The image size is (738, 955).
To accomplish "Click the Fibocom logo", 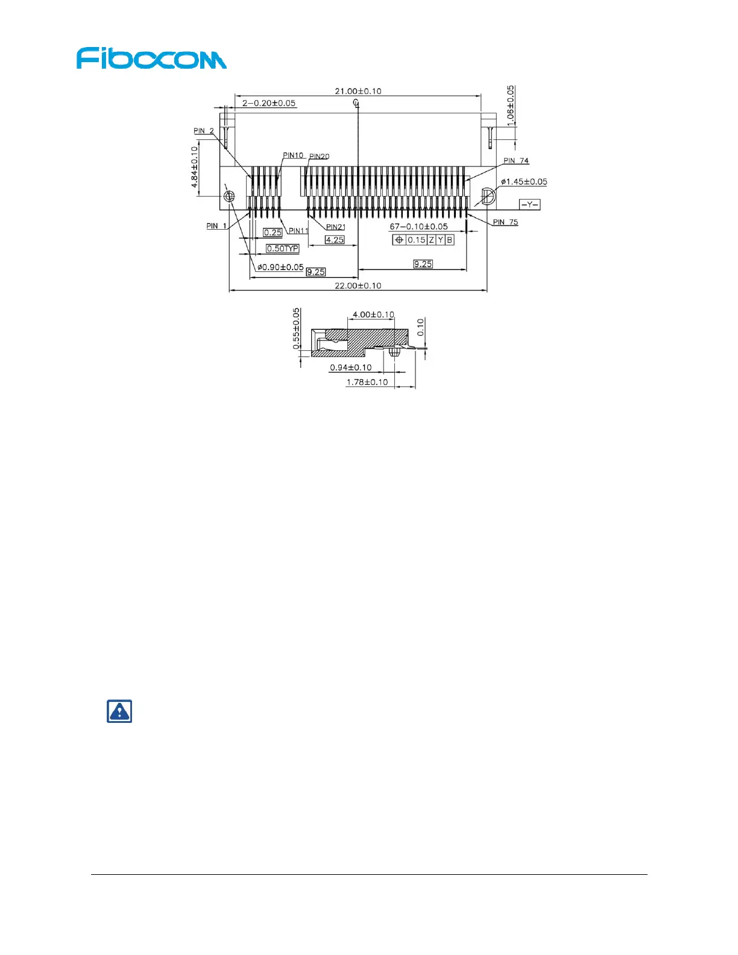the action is tap(151, 58).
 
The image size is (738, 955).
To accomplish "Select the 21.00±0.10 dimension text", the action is tap(358, 91).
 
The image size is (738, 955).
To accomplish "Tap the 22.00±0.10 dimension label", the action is tap(358, 286).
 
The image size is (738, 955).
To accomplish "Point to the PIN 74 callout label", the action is tap(516, 161).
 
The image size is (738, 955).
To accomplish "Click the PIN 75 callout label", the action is tap(505, 222).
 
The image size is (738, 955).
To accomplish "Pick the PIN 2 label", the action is tap(204, 131).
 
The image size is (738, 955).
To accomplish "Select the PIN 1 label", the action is tap(216, 226).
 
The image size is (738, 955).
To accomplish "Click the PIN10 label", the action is tap(293, 156).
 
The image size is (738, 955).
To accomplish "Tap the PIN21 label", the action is tap(336, 227).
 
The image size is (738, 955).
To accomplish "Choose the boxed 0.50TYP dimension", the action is tap(283, 248).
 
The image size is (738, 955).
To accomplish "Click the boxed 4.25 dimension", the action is tap(335, 239).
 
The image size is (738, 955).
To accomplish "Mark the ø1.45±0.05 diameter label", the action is tap(524, 181).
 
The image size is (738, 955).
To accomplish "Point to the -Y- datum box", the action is tap(529, 205).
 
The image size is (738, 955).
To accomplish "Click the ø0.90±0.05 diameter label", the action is tap(280, 267).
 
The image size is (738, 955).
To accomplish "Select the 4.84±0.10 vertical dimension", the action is tap(195, 167).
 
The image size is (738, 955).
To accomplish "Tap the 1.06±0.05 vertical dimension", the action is tap(511, 106).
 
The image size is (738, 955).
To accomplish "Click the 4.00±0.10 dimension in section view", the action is tap(373, 315).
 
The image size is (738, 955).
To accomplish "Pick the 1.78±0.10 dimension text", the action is tap(367, 382).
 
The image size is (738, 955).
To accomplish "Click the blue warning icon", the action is tap(119, 711).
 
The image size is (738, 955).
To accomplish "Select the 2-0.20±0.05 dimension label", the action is tap(269, 103).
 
